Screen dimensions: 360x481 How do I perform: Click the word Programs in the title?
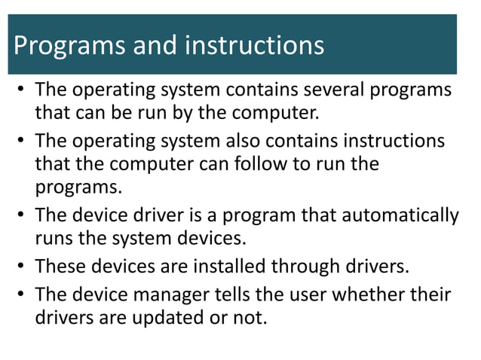click(63, 47)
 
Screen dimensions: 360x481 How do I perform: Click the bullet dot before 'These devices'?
click(21, 266)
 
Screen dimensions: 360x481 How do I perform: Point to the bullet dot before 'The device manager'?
click(21, 294)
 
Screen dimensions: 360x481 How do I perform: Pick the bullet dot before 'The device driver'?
click(21, 216)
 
